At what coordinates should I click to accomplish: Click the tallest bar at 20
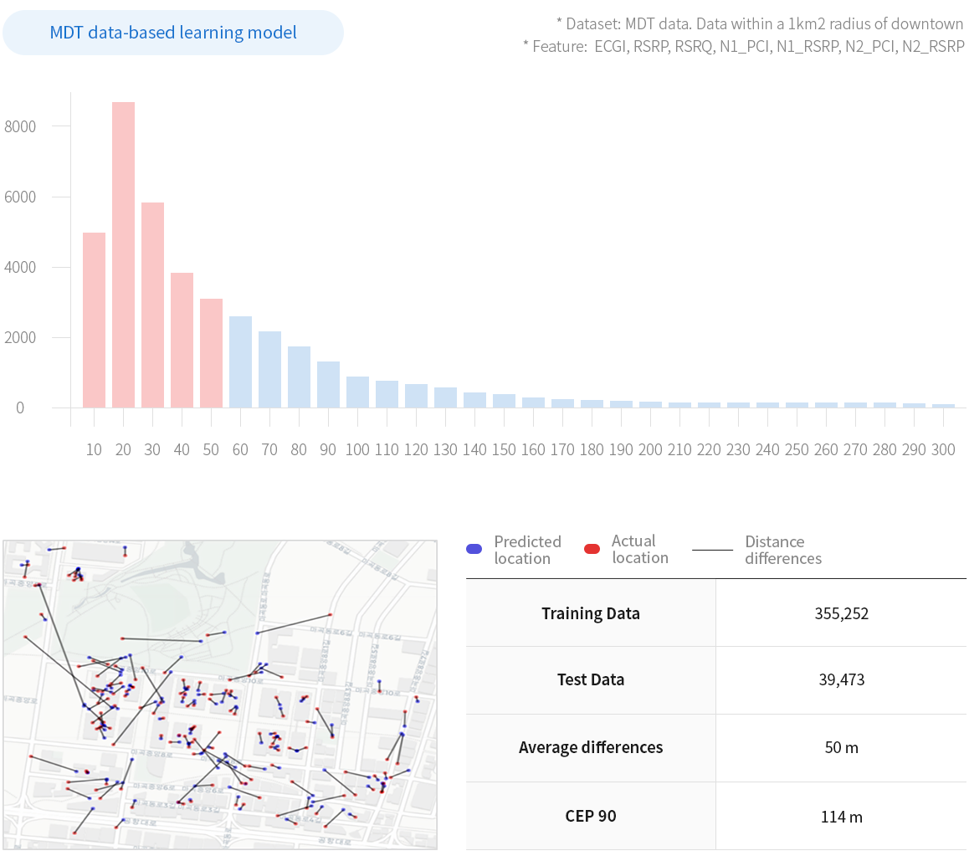123,254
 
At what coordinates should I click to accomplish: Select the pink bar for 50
211,352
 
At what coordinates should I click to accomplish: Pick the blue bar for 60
240,361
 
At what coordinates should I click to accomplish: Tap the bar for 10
94,320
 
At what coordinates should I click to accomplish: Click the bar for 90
328,384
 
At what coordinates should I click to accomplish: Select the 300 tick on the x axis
942,450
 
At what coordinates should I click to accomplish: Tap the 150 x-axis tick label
504,450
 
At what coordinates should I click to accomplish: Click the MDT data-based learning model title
173,33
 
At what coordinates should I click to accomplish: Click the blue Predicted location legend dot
474,550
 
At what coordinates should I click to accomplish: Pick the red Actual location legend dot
592,550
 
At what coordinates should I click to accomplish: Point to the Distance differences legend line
713,550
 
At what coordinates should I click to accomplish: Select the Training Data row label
590,613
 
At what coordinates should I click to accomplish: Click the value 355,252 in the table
841,613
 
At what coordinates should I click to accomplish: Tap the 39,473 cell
841,679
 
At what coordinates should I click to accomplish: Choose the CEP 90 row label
590,816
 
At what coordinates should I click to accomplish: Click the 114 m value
841,817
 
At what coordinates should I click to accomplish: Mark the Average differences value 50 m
841,747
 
